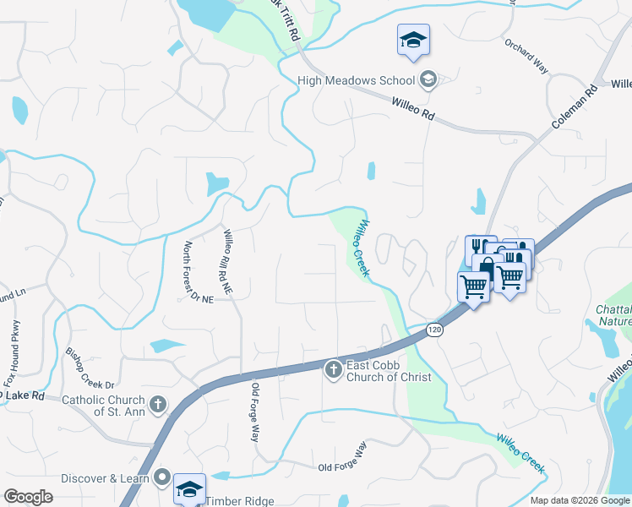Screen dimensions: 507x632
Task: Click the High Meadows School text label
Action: [x=356, y=80]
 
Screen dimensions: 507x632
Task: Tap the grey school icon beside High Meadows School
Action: [x=428, y=80]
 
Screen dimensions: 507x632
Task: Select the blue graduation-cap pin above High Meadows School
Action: [x=414, y=41]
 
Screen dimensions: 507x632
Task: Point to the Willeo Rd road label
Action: [x=412, y=110]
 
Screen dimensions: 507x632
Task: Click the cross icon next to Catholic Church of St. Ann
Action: [x=157, y=405]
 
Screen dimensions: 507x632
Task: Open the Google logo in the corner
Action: [x=28, y=497]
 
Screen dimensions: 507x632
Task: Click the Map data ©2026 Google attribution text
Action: [x=580, y=500]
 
